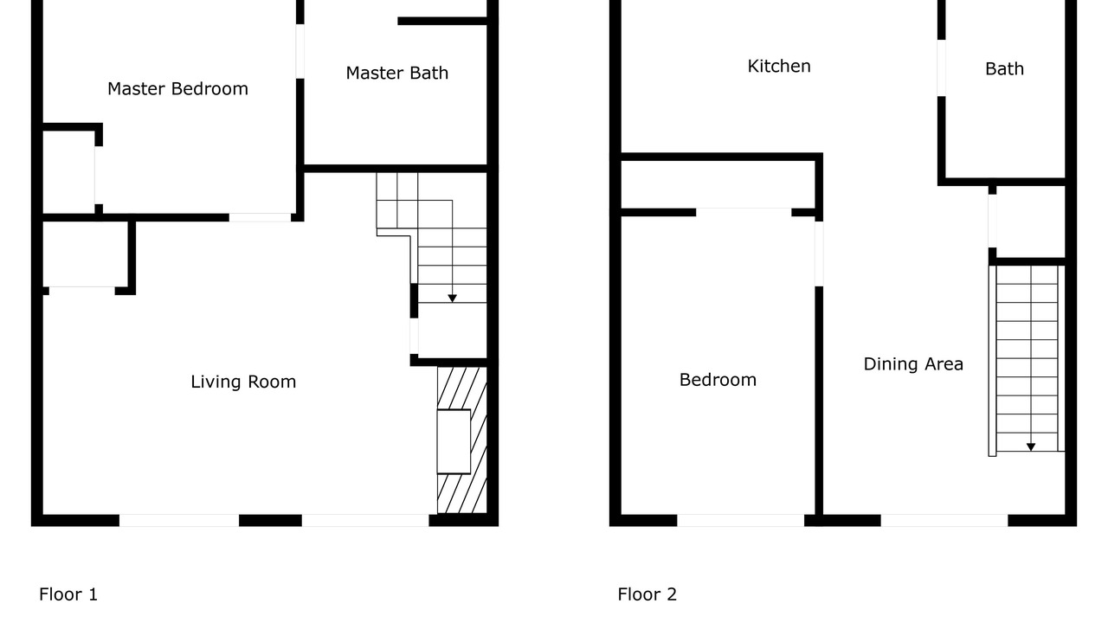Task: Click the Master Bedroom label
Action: coord(177,89)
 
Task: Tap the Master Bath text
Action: coord(397,74)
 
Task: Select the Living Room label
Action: coord(243,382)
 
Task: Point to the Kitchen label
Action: coord(779,67)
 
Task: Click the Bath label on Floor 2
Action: coord(1005,68)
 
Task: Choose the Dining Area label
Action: coord(913,364)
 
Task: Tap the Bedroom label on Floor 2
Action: coord(718,380)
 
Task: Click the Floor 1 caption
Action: coord(68,594)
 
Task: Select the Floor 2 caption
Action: coord(647,594)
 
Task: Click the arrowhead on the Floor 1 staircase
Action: coord(452,299)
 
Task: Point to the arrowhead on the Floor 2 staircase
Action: coord(1031,447)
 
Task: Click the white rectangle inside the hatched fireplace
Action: coord(454,441)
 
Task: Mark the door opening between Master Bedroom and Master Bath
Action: coord(300,51)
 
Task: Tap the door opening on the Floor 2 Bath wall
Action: coord(941,67)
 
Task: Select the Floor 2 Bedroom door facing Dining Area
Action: coord(819,254)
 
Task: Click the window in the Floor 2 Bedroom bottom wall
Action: coord(740,520)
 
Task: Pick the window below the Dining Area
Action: coord(944,520)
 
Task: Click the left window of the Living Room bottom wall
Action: coord(179,520)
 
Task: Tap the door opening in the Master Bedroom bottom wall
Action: coord(261,217)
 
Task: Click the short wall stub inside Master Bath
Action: coord(442,21)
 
